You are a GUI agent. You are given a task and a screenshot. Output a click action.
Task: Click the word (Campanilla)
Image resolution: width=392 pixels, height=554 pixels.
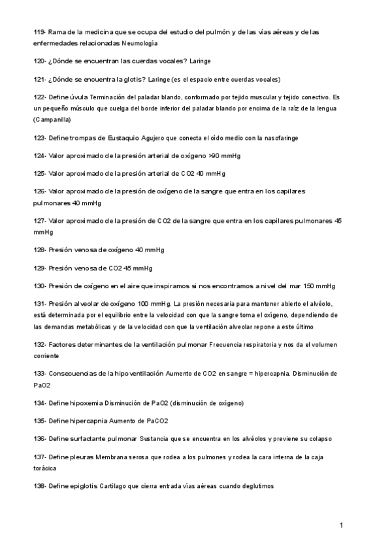52,120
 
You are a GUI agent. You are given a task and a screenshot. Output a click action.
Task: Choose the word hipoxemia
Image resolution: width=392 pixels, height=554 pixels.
84,403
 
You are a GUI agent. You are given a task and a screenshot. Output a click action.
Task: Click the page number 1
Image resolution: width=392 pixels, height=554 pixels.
341,525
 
